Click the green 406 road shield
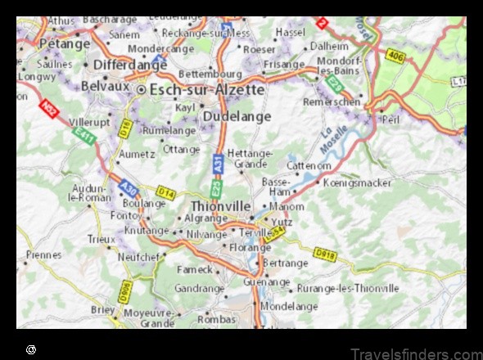point(395,56)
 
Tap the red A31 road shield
point(217,163)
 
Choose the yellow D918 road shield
point(325,254)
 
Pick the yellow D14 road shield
point(166,192)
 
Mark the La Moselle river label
point(332,141)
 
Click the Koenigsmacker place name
point(354,182)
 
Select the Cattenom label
point(309,165)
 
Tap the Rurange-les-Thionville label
point(348,288)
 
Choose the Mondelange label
point(290,306)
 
